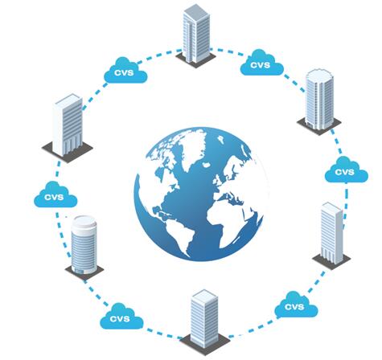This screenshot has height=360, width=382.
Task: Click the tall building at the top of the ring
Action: click(x=196, y=35)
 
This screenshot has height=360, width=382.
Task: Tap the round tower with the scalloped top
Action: click(x=319, y=100)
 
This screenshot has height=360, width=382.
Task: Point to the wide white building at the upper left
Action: click(x=68, y=126)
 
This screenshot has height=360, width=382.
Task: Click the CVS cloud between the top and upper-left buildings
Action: click(x=125, y=70)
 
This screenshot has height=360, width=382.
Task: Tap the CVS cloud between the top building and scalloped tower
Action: click(x=262, y=63)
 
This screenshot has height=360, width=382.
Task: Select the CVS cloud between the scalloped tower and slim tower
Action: click(x=347, y=170)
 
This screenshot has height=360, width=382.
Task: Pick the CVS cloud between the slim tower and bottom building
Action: click(x=296, y=305)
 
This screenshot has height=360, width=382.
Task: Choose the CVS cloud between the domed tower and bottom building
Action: click(x=121, y=317)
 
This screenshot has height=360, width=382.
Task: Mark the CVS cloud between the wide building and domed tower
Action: click(x=55, y=194)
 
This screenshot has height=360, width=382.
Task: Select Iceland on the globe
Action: click(x=206, y=164)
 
